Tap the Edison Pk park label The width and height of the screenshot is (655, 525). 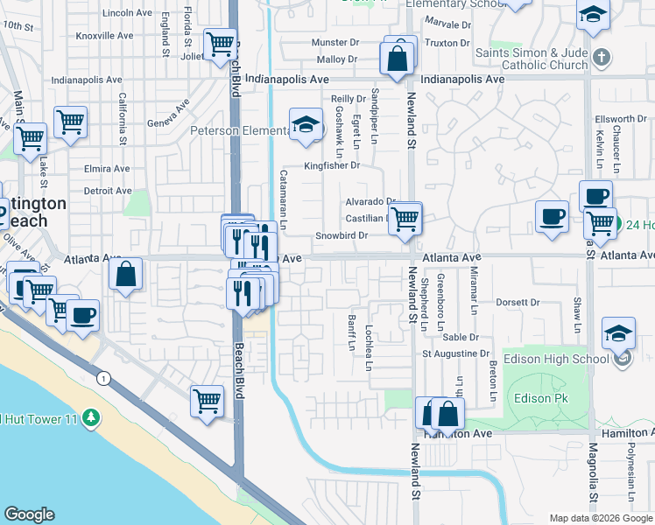[535, 398]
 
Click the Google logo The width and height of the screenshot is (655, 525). [29, 514]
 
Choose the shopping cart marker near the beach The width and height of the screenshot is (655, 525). [207, 402]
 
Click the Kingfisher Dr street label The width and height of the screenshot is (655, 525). [332, 165]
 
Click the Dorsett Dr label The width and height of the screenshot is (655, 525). [517, 303]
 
